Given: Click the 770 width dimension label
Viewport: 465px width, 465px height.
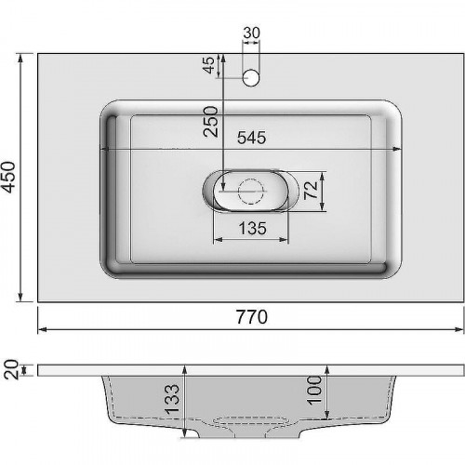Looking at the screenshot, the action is (252, 317).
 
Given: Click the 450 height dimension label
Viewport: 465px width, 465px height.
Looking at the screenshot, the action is (8, 177).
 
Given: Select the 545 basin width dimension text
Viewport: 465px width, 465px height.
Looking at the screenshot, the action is (252, 138).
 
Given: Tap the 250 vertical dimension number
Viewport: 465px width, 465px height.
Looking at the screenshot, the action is (211, 121).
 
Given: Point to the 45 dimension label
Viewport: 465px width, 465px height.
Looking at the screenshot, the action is (210, 65).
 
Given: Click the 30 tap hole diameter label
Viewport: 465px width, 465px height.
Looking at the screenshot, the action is (251, 33).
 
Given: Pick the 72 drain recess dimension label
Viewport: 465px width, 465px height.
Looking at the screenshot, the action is (311, 190).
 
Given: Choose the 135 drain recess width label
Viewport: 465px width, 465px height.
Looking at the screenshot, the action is (252, 229).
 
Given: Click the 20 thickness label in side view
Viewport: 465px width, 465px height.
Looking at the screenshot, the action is (11, 369).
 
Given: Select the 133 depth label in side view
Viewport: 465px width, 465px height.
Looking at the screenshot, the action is (172, 400).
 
